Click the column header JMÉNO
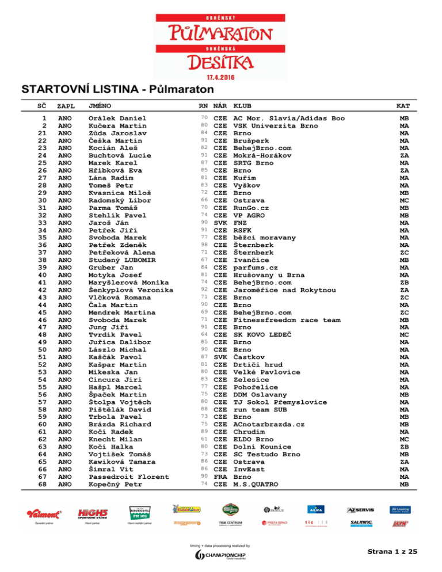100,106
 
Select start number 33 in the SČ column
41,223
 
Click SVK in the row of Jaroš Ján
220,223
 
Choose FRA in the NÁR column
220,477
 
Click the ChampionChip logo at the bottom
220,555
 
